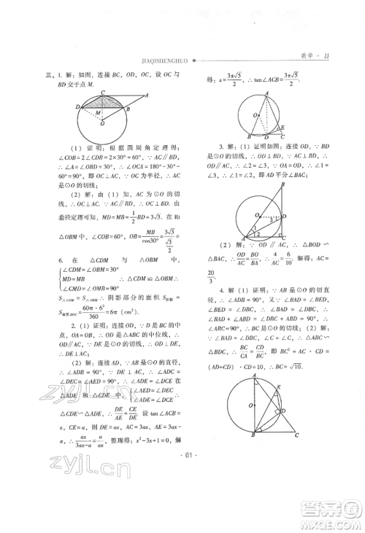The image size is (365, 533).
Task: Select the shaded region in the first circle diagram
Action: click(x=102, y=105)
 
